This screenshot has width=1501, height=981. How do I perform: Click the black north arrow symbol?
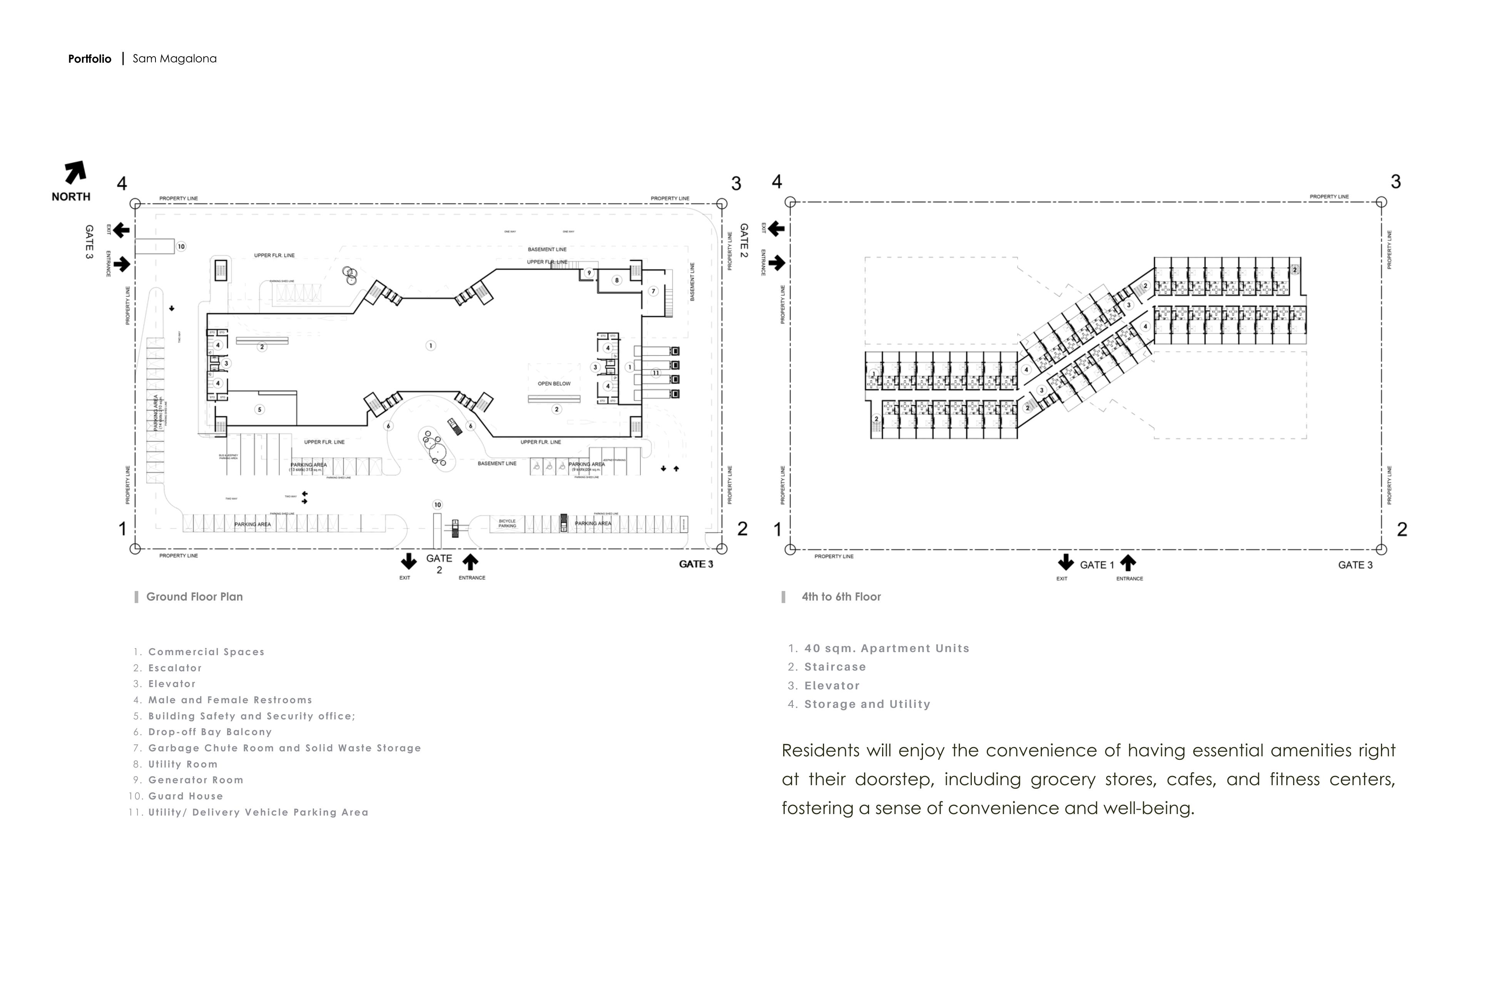pyautogui.click(x=75, y=172)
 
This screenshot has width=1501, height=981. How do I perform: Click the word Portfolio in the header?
pyautogui.click(x=90, y=58)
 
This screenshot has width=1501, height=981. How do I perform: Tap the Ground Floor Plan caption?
pyautogui.click(x=194, y=596)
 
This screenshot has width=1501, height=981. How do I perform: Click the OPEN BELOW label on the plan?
pyautogui.click(x=554, y=383)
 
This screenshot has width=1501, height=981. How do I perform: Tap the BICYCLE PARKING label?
pyautogui.click(x=507, y=523)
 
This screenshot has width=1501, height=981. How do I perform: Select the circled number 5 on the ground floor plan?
pyautogui.click(x=259, y=409)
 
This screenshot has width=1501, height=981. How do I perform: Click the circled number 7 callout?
pyautogui.click(x=654, y=291)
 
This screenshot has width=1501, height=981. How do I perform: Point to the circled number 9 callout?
pyautogui.click(x=589, y=273)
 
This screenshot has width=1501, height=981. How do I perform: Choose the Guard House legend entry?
pyautogui.click(x=186, y=796)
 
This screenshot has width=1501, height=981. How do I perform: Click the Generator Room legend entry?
pyautogui.click(x=196, y=780)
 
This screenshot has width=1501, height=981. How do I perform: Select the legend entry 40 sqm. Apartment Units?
pyautogui.click(x=886, y=648)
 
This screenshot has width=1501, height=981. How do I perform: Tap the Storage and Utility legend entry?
pyautogui.click(x=867, y=704)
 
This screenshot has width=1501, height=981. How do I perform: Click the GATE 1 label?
pyautogui.click(x=1097, y=565)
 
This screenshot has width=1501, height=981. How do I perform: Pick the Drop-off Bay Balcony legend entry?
pyautogui.click(x=210, y=732)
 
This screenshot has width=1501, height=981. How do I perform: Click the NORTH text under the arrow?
pyautogui.click(x=71, y=197)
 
